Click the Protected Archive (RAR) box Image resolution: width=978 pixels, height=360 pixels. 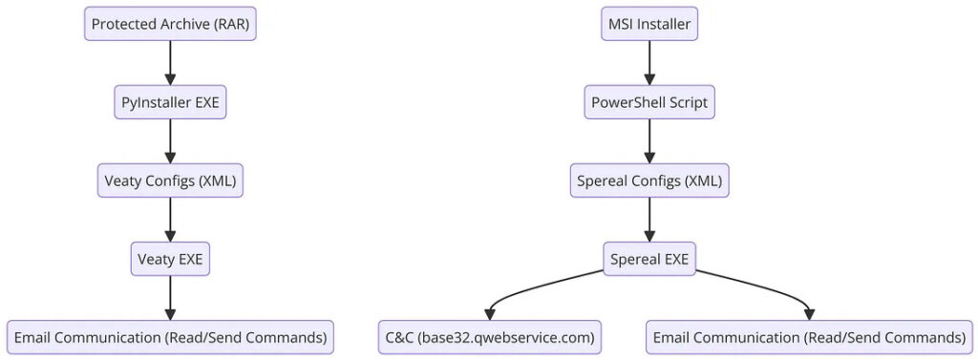click(170, 24)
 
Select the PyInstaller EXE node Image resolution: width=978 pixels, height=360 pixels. click(170, 102)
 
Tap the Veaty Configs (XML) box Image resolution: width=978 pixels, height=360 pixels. click(170, 180)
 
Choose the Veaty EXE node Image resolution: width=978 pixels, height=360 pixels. click(170, 259)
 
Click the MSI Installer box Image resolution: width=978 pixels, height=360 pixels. click(649, 24)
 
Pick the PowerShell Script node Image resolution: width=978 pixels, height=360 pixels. click(649, 102)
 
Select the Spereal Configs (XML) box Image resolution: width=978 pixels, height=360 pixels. click(649, 180)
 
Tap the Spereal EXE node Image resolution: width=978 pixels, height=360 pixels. click(649, 259)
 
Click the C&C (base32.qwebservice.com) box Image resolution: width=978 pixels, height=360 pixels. click(490, 337)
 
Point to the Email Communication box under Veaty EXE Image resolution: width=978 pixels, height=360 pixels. click(170, 337)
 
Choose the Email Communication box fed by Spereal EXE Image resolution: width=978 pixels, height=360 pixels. click(809, 337)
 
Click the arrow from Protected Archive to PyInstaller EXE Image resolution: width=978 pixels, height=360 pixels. click(170, 64)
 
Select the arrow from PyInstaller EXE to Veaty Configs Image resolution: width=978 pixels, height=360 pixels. click(170, 141)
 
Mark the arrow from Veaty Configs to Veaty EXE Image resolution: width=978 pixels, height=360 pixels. click(170, 221)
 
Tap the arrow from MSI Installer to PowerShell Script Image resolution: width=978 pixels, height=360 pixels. click(649, 64)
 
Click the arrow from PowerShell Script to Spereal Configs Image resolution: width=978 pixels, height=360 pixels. click(649, 141)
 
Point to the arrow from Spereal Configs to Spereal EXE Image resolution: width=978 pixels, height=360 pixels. click(649, 221)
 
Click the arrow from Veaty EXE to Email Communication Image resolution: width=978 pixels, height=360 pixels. click(170, 298)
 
